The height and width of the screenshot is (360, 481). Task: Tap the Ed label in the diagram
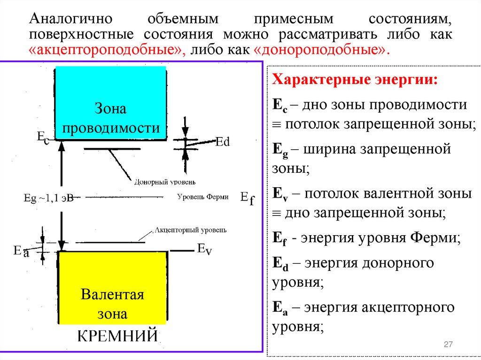pyautogui.click(x=222, y=141)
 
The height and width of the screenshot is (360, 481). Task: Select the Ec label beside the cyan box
pyautogui.click(x=43, y=138)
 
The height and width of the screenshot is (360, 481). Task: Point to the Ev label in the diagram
pyautogui.click(x=204, y=249)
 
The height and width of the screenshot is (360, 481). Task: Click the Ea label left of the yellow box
pyautogui.click(x=21, y=252)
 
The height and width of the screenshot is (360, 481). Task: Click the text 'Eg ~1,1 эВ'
pyautogui.click(x=48, y=198)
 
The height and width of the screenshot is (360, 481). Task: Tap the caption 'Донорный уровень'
pyautogui.click(x=164, y=182)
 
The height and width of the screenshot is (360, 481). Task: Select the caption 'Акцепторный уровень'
pyautogui.click(x=190, y=230)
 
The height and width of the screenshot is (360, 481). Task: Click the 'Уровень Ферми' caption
pyautogui.click(x=203, y=197)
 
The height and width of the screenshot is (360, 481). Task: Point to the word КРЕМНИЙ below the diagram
pyautogui.click(x=117, y=336)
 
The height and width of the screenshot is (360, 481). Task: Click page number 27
pyautogui.click(x=448, y=345)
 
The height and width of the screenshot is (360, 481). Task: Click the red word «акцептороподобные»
pyautogui.click(x=107, y=51)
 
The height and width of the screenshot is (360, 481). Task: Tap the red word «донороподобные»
pyautogui.click(x=322, y=51)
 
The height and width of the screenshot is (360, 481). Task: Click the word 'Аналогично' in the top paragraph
pyautogui.click(x=70, y=20)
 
